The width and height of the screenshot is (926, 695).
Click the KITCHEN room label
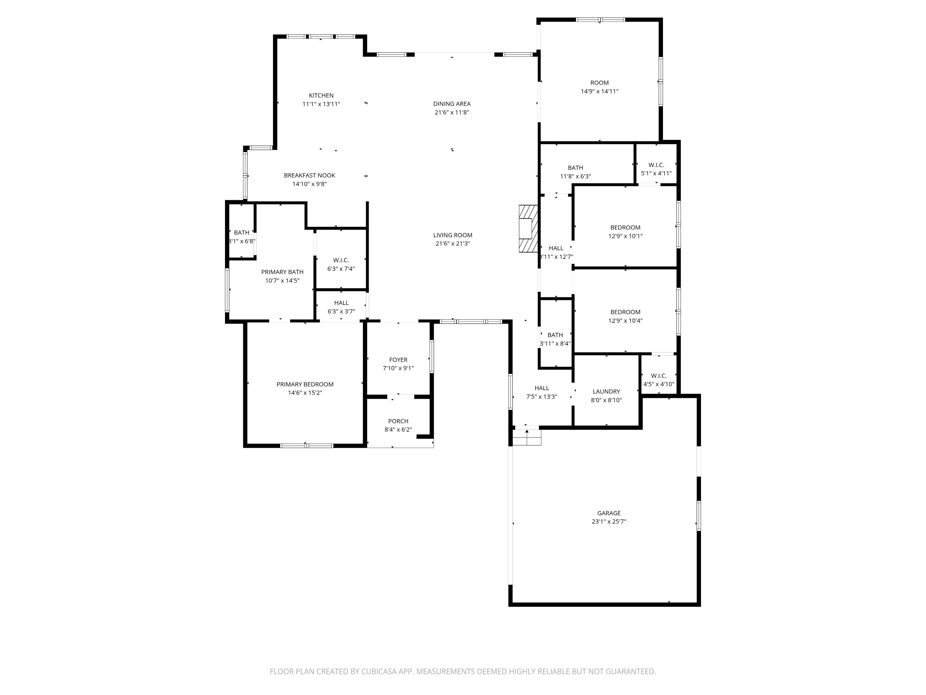321,95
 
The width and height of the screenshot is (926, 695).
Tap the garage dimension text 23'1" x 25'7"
608,522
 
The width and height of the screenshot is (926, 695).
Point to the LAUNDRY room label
606,391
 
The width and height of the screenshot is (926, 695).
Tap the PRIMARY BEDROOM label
305,384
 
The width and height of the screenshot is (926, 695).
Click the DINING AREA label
452,103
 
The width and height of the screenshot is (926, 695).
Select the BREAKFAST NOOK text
309,175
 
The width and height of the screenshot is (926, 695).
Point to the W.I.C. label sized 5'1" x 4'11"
656,165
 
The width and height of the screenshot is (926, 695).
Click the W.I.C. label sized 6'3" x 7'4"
341,260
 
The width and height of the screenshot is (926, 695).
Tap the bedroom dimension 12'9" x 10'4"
625,321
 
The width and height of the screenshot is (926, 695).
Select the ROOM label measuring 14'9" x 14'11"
599,82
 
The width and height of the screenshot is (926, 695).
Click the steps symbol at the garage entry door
527,438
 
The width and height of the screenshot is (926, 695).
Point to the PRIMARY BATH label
282,272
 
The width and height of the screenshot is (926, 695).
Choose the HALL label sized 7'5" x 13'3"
541,388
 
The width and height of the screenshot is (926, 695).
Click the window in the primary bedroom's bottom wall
307,446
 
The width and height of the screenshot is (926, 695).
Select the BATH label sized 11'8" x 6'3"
575,167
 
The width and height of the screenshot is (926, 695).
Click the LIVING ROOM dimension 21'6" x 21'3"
452,243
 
